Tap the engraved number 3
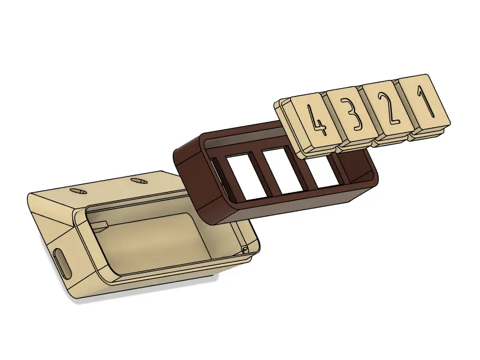(352, 114)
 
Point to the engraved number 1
(424, 101)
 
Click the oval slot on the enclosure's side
(62, 260)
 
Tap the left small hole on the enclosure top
(78, 191)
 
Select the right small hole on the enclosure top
(138, 181)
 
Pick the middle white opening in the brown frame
(282, 172)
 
